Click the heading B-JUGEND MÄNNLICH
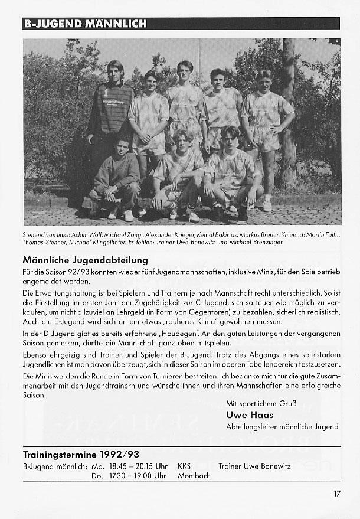(84, 24)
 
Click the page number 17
(336, 494)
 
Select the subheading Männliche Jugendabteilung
(85, 260)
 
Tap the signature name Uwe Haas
(250, 415)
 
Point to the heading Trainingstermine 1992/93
(81, 455)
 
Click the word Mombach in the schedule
(194, 476)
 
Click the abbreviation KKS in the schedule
(184, 466)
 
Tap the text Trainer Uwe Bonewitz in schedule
(254, 466)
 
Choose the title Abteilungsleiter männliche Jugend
(282, 426)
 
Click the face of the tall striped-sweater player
(116, 71)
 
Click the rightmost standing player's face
(264, 80)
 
